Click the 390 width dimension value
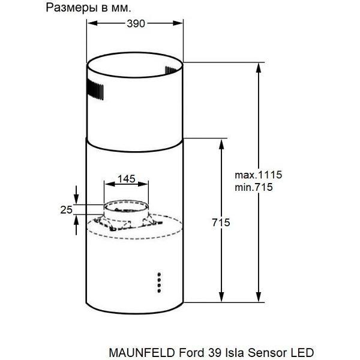click(136, 23)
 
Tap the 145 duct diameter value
click(126, 179)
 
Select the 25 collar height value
click(67, 210)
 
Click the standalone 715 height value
click(221, 223)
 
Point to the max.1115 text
click(258, 175)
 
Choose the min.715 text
click(254, 187)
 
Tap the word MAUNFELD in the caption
click(142, 352)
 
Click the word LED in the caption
click(302, 352)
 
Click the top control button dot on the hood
click(159, 274)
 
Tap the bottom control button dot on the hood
click(159, 291)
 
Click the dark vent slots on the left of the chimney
click(95, 90)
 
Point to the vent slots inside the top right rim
click(170, 70)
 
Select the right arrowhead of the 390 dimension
click(178, 23)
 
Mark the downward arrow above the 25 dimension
click(76, 194)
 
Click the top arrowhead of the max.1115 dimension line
click(259, 68)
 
